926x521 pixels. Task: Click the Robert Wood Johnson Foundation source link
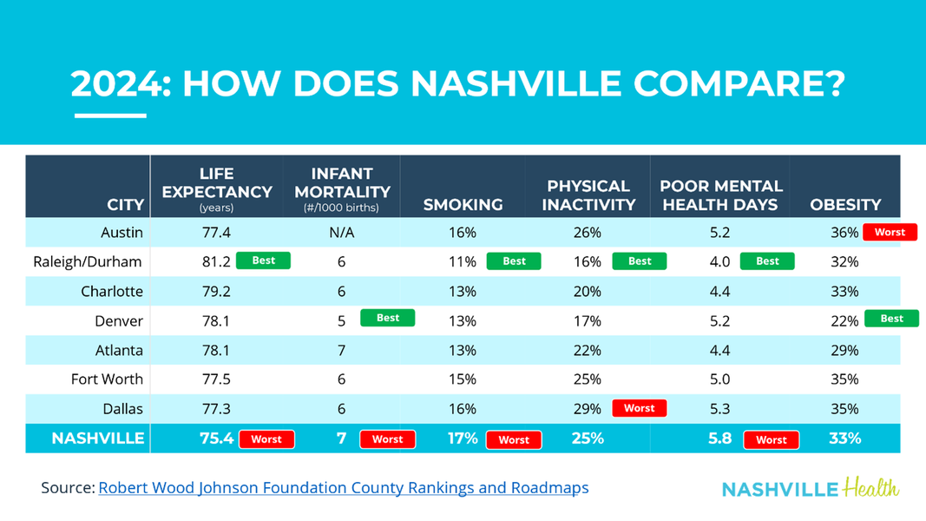point(344,488)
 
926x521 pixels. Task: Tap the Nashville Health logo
point(811,488)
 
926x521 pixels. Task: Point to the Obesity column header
point(845,205)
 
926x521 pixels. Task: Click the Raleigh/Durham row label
point(88,261)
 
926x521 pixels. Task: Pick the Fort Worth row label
point(107,379)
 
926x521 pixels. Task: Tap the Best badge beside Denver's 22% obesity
point(891,319)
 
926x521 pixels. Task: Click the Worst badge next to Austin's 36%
point(890,233)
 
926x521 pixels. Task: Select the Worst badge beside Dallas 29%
point(640,408)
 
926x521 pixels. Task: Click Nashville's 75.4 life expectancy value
point(217,439)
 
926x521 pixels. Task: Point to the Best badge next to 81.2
point(263,260)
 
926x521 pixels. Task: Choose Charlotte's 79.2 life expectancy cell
point(217,291)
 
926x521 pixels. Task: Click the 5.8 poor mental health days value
point(719,439)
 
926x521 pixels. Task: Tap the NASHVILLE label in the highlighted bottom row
point(98,439)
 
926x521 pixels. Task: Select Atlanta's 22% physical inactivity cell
point(588,350)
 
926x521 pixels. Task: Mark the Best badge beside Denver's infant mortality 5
point(388,318)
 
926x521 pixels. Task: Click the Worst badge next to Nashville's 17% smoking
point(514,440)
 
